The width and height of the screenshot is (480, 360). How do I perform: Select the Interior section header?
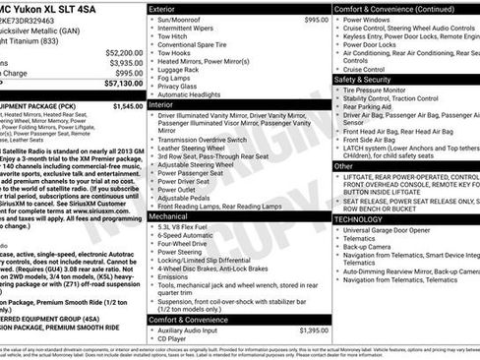[x=166, y=103]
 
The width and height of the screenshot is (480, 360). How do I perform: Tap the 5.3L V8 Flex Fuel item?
[x=188, y=227]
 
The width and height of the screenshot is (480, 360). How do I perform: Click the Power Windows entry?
[x=373, y=20]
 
